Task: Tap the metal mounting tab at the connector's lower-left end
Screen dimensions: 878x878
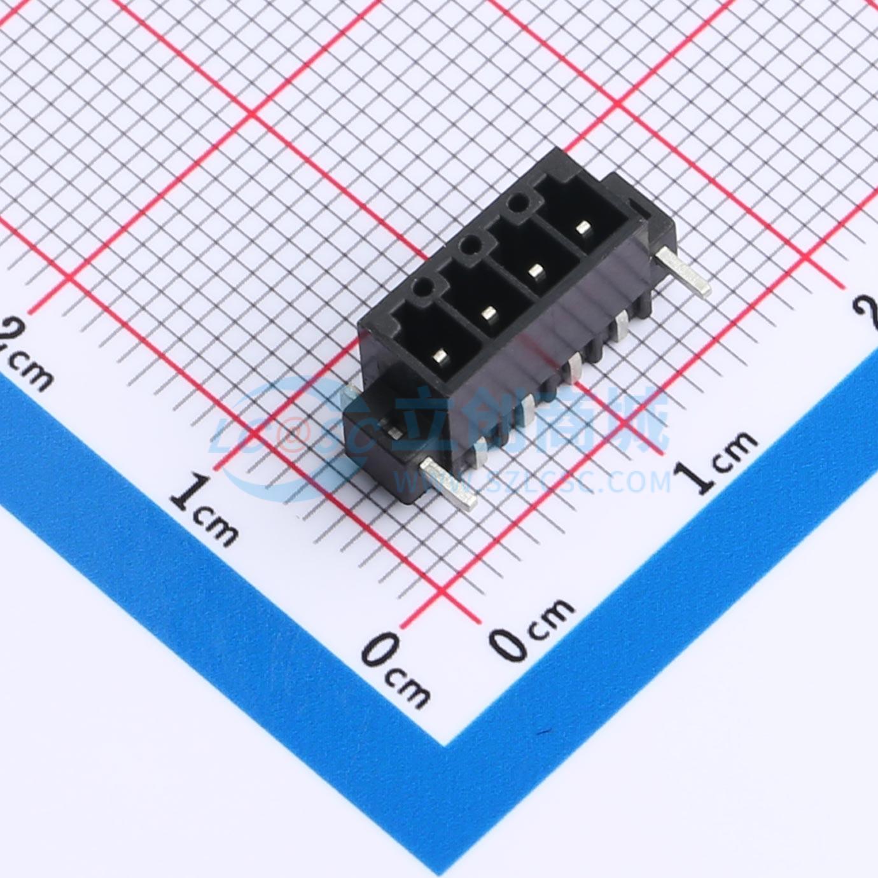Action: coord(449,483)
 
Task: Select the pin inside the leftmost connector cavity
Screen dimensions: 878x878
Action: coord(441,356)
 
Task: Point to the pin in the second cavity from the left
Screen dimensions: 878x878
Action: coord(489,314)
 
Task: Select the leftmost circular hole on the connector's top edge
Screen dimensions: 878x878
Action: coord(421,288)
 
